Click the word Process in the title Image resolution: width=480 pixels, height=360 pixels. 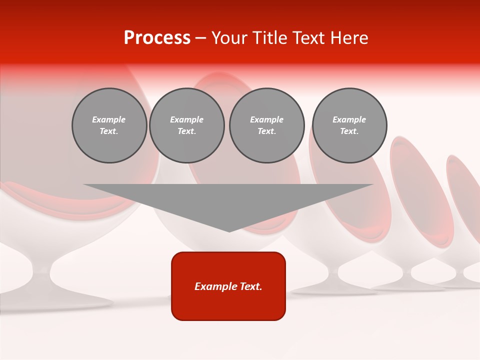coord(157,38)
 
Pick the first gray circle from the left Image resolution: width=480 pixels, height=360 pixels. coord(109,125)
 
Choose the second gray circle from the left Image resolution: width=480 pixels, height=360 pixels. coord(186,125)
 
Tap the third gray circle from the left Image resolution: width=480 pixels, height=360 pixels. coord(266,125)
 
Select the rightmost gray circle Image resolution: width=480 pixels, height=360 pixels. coord(349,125)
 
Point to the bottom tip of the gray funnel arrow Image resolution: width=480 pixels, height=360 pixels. coord(229,231)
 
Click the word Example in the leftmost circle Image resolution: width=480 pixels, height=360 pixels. coord(109,119)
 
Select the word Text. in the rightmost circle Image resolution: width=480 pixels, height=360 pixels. coord(349,131)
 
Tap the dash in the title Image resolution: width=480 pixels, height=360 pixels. coord(200,38)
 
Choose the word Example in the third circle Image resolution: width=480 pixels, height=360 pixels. coord(266,119)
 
